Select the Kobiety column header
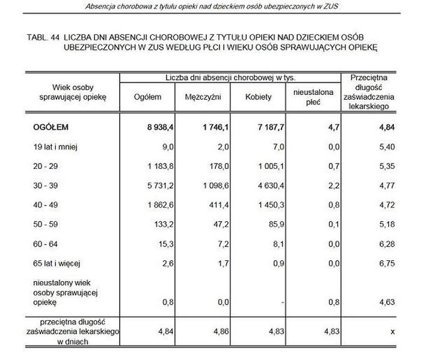tap(259, 97)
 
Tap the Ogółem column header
tap(147, 97)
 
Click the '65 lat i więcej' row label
tap(57, 263)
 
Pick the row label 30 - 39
tap(46, 185)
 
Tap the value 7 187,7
tap(268, 127)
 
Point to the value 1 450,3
tap(269, 205)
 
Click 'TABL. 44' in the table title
tap(43, 37)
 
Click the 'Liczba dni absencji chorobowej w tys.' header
tap(230, 78)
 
